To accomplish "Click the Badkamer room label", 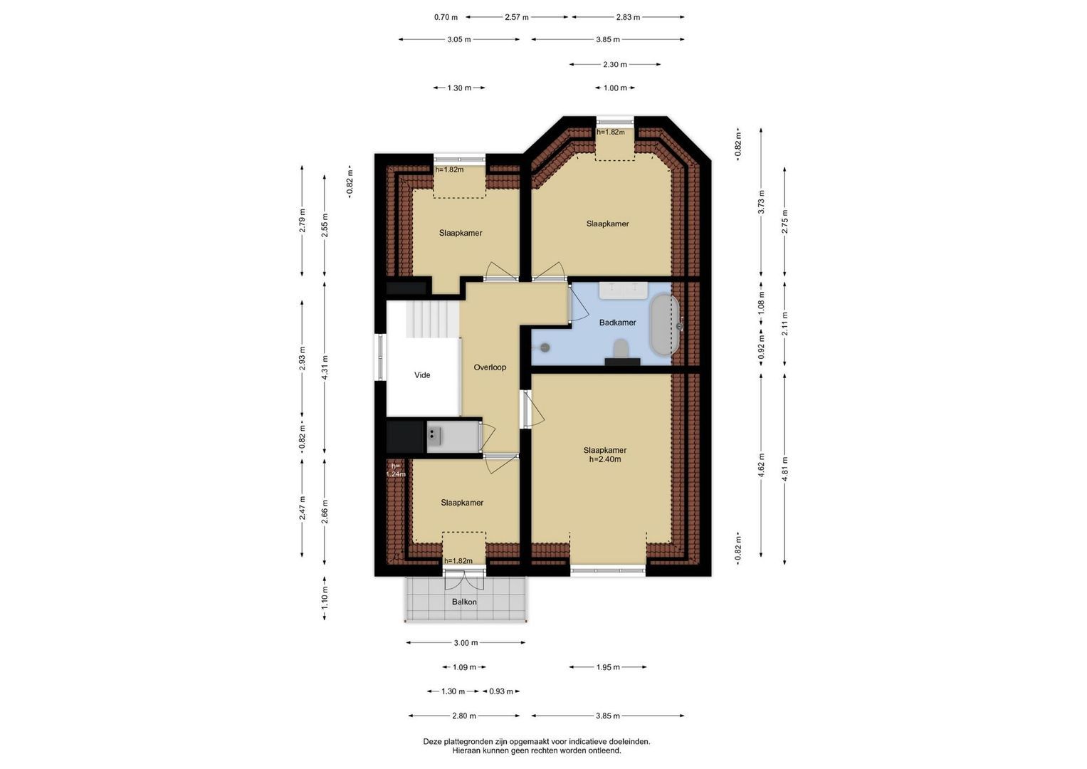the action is (617, 323).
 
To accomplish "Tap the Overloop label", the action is (490, 367).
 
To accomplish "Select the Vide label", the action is (422, 375).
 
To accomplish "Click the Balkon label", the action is (464, 602).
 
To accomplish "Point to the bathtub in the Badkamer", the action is (664, 325).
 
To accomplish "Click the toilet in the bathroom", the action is (621, 349).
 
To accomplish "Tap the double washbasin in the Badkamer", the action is (624, 291).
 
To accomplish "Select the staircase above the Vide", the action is (432, 318).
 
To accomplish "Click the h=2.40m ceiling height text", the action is (605, 459).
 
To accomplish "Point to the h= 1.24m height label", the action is (396, 470).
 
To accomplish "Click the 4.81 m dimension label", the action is (784, 469).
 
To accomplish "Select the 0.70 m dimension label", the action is (446, 18).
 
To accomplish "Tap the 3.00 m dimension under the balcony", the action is (466, 643).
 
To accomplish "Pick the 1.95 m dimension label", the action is (608, 667).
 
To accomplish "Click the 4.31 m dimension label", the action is (325, 367).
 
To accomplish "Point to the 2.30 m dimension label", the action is (615, 65).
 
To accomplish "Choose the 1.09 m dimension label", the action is (464, 667).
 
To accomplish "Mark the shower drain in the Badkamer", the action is (545, 347).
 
